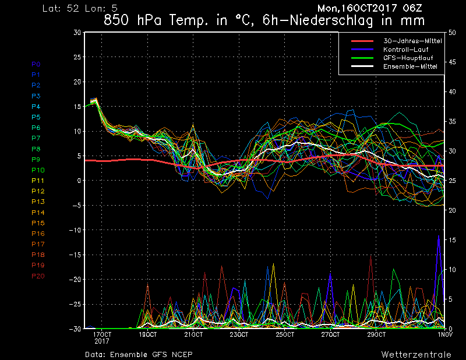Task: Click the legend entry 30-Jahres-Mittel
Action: click(x=412, y=41)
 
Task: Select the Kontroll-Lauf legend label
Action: click(x=405, y=50)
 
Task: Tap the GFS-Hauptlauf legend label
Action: click(x=408, y=58)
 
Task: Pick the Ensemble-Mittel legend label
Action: click(x=410, y=66)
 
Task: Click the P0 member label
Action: click(x=36, y=64)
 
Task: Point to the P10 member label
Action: click(x=38, y=170)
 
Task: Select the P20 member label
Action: click(x=38, y=276)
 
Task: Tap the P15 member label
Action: click(x=38, y=223)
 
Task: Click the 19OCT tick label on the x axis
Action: click(x=148, y=334)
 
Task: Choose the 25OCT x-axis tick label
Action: click(x=285, y=334)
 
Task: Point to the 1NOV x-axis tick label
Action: click(x=444, y=334)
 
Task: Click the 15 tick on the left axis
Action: click(x=77, y=107)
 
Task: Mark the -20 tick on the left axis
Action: click(x=75, y=280)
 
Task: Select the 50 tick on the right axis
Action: click(x=452, y=33)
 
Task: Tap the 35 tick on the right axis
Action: click(x=452, y=122)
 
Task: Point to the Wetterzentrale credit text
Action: click(x=416, y=354)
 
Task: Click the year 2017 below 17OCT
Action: click(x=101, y=341)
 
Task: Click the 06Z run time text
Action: click(x=412, y=8)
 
